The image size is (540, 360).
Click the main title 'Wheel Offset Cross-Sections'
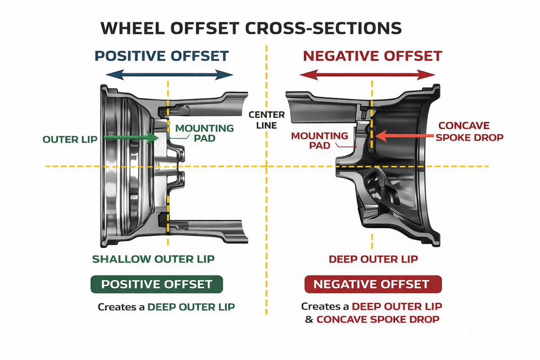point(251,28)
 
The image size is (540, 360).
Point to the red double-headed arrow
point(367,75)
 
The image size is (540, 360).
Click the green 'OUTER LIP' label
point(70,139)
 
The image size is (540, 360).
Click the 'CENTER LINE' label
point(266,120)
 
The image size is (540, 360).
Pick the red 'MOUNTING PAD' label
point(319,140)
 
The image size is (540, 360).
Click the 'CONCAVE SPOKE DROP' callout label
point(470,131)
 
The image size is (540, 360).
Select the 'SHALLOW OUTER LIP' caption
point(153,259)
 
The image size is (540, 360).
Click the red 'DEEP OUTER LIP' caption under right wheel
point(373,259)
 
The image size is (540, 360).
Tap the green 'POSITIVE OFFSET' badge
point(157,284)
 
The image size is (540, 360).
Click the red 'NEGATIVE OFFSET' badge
point(373,284)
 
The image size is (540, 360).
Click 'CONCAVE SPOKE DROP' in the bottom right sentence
point(378,319)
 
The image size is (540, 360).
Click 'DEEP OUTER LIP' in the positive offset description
point(191,307)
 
